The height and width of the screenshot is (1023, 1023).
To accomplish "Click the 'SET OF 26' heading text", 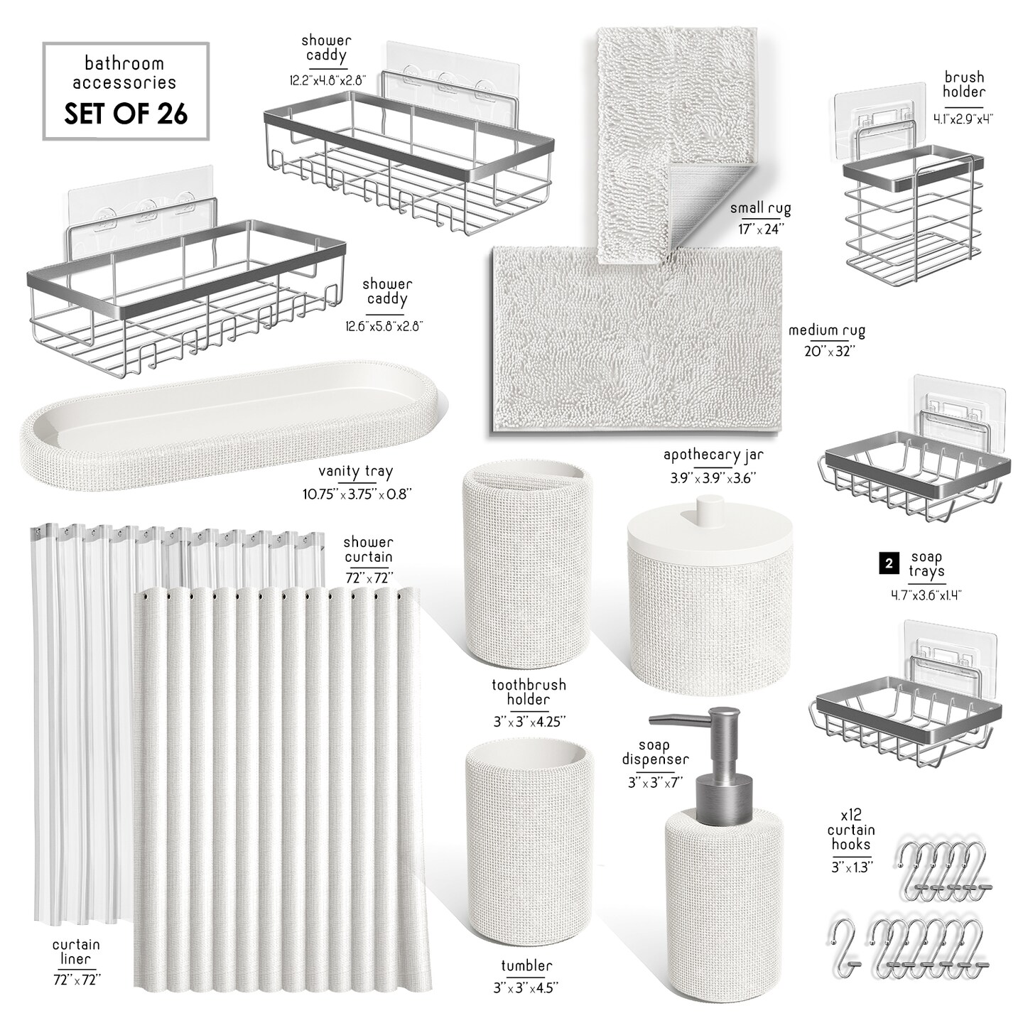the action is point(126,113).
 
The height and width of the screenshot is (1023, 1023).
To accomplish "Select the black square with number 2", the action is point(889,563).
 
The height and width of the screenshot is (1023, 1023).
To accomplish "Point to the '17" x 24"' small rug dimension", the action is point(761,229).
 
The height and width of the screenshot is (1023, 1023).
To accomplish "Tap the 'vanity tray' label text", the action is point(355,471).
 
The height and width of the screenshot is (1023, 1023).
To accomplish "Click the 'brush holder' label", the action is point(963,85).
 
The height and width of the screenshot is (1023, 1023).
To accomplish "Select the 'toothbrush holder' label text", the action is point(529,692).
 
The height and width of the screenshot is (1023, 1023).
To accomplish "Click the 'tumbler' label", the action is point(526,965).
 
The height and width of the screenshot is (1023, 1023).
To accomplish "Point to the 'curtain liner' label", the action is point(76,952).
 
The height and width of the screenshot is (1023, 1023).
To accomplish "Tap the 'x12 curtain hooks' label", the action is point(851,829).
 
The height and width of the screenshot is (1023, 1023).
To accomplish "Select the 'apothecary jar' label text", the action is point(713,455).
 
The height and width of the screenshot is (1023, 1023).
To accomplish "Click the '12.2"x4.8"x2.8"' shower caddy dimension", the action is point(328,81).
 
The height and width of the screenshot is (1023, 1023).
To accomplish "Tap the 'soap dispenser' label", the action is point(655,753).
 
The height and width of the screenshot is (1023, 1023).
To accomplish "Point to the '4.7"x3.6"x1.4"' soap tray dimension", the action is point(926,595).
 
